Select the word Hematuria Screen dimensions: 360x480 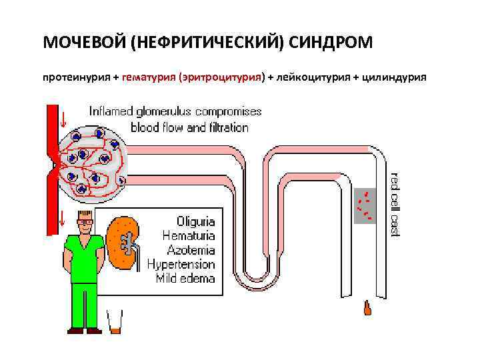pyautogui.click(x=189, y=235)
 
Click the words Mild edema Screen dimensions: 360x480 pyautogui.click(x=185, y=279)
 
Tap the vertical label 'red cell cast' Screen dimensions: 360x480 pyautogui.click(x=394, y=203)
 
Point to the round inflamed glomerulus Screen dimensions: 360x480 pyautogui.click(x=91, y=161)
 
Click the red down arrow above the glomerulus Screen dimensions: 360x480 pyautogui.click(x=63, y=120)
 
